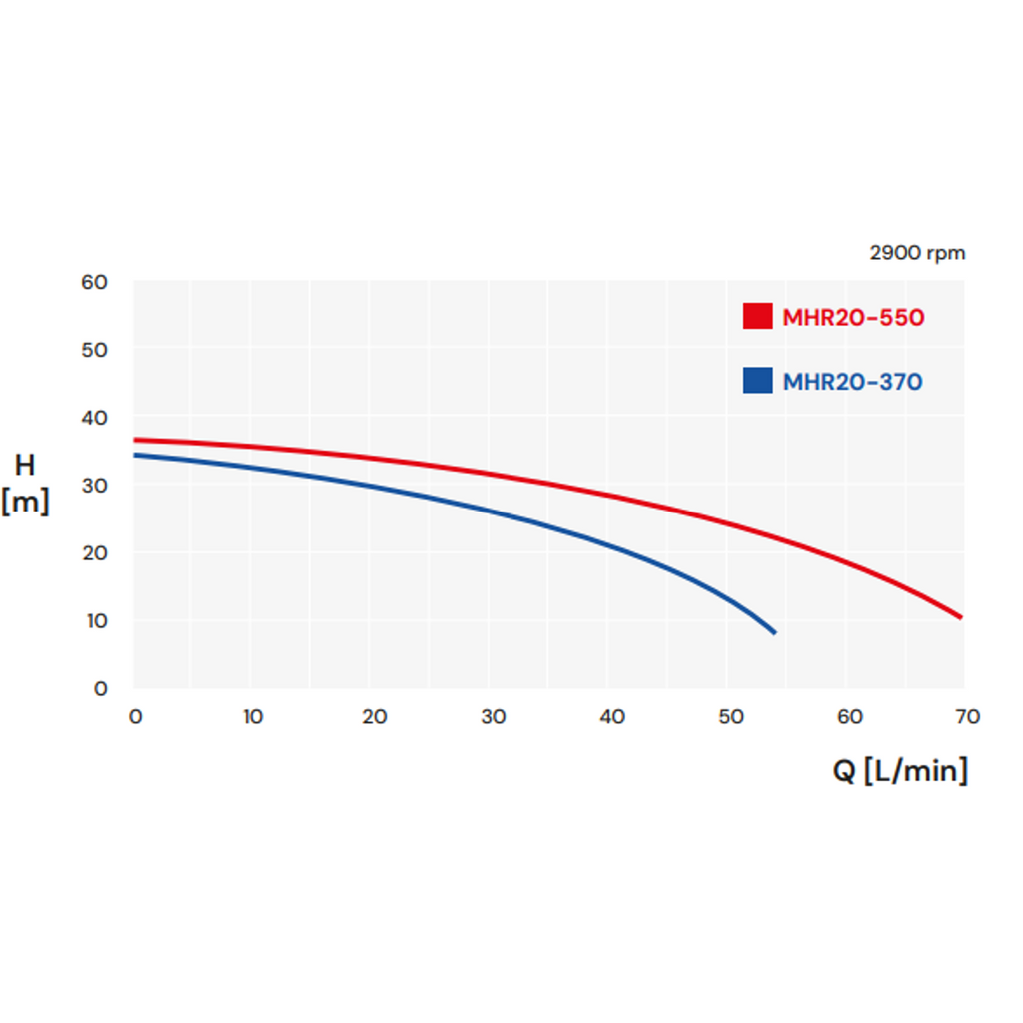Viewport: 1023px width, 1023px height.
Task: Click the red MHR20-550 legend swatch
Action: coord(757,317)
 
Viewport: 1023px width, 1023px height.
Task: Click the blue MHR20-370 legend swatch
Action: coord(757,381)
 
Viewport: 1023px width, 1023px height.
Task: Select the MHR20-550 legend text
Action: coord(853,318)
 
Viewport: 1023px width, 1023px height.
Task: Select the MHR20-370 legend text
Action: coord(852,382)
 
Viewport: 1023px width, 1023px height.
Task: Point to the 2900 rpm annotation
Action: coord(917,253)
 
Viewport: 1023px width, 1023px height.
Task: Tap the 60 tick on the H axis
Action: coord(94,282)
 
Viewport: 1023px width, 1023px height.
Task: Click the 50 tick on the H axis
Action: coord(94,350)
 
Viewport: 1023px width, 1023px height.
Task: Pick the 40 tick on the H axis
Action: coord(94,418)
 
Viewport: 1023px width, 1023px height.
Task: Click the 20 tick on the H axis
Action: coord(94,553)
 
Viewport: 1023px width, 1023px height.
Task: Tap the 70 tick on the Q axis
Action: coord(967,716)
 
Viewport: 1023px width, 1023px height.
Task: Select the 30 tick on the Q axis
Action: coord(493,716)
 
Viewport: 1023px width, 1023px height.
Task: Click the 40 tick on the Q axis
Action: coord(611,716)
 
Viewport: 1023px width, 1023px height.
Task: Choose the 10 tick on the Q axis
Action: coord(253,716)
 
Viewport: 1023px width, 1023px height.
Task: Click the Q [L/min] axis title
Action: coord(900,770)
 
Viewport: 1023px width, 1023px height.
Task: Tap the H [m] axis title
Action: coord(25,484)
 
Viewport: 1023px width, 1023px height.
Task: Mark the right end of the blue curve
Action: coord(774,632)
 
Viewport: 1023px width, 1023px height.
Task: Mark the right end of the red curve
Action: coord(961,617)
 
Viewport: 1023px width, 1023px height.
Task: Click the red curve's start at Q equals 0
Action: coord(135,440)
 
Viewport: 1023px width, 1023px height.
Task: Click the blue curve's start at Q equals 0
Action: coord(135,455)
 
